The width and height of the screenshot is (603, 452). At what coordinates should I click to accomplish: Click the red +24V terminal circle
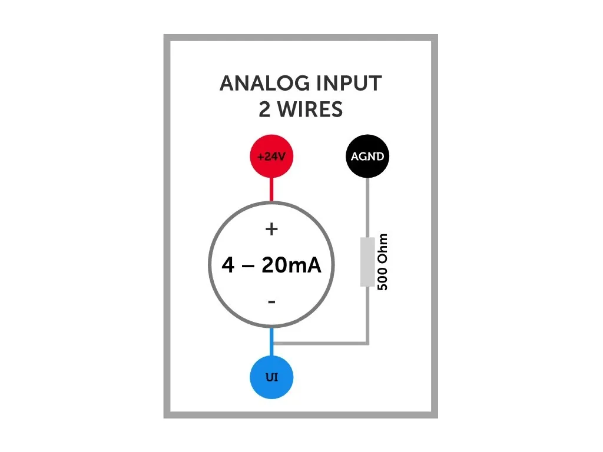(271, 157)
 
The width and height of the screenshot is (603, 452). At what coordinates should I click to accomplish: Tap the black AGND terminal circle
(367, 157)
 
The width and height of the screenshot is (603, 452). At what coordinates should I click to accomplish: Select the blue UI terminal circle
(271, 377)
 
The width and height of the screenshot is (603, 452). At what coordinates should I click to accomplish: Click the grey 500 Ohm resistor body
(367, 261)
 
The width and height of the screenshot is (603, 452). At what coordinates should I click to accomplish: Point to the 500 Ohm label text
(383, 261)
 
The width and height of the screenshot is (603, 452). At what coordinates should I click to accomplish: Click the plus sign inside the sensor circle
(271, 230)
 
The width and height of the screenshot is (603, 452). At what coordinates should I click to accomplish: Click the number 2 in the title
(265, 109)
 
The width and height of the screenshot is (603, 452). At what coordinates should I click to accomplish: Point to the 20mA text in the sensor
(291, 266)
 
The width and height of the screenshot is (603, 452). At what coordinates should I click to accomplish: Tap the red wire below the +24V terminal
(271, 190)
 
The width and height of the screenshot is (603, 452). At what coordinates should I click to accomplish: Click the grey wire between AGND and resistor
(367, 206)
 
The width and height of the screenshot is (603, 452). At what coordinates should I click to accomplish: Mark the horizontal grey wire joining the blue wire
(321, 343)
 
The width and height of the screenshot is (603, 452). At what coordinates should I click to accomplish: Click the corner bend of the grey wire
(367, 343)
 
